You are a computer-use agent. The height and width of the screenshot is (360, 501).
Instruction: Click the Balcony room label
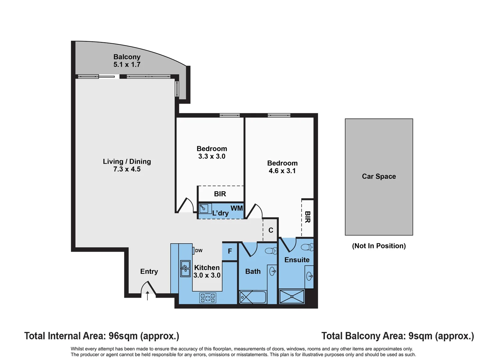click(x=127, y=57)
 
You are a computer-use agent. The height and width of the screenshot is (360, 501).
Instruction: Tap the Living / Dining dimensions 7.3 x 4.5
click(x=127, y=169)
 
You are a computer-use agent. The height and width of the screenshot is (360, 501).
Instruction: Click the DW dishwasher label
click(x=198, y=251)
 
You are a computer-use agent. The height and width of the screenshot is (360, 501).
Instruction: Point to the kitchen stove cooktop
click(x=208, y=298)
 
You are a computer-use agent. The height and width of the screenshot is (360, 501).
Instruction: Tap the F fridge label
click(x=230, y=251)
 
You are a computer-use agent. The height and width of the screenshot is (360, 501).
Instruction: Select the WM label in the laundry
click(x=236, y=208)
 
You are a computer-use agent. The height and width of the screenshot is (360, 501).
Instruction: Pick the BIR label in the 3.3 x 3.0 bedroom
click(x=220, y=194)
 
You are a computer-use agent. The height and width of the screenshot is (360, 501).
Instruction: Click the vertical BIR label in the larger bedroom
click(x=308, y=217)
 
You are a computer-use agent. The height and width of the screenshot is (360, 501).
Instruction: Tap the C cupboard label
click(x=271, y=230)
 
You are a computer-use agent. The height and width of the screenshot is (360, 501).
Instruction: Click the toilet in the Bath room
click(x=271, y=251)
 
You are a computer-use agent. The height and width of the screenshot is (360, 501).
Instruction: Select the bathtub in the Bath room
click(x=253, y=297)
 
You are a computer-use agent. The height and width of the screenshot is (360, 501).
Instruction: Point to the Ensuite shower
click(x=292, y=297)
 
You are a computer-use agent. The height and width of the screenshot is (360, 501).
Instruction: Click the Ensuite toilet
click(x=307, y=247)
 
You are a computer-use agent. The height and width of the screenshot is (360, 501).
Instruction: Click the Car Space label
click(x=379, y=176)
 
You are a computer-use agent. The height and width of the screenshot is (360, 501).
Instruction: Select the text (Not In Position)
click(x=379, y=246)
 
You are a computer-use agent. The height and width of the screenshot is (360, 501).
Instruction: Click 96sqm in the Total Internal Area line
click(x=123, y=336)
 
